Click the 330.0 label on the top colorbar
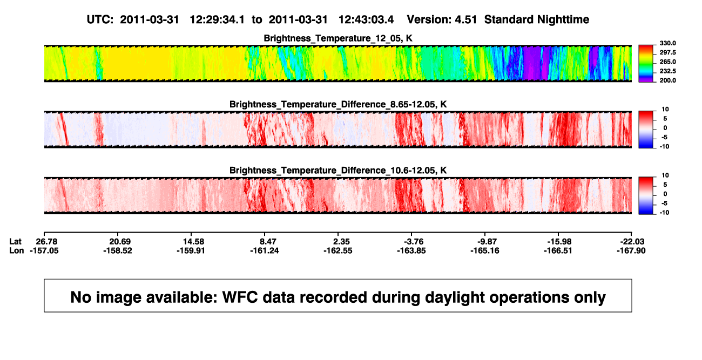click(x=667, y=43)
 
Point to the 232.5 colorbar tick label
click(x=667, y=71)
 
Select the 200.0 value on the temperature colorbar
click(x=667, y=80)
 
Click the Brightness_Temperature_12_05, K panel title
click(x=338, y=38)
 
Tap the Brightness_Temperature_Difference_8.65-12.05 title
click(x=338, y=104)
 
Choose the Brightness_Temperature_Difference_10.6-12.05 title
click(x=338, y=171)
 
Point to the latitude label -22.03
click(x=632, y=242)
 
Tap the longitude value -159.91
click(x=191, y=250)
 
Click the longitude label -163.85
click(x=411, y=250)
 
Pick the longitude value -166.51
click(x=558, y=250)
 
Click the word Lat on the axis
click(x=15, y=242)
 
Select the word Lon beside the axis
click(x=16, y=250)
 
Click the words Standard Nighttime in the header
click(x=537, y=20)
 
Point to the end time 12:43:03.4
click(x=366, y=20)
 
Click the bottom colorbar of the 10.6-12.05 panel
click(x=646, y=196)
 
